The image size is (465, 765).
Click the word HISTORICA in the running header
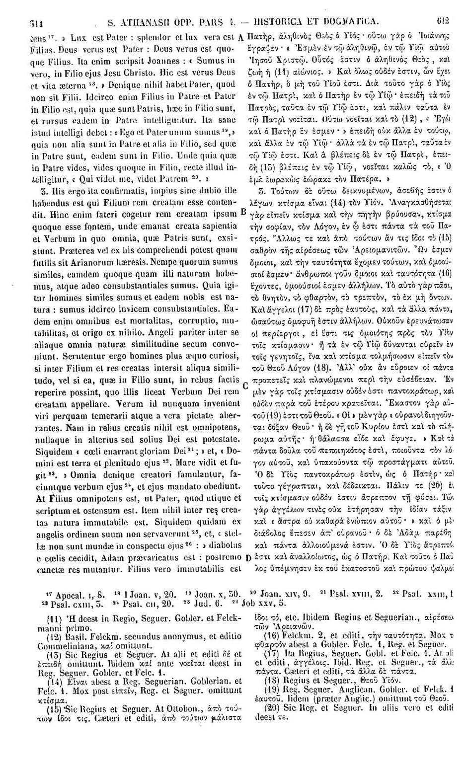285,22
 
